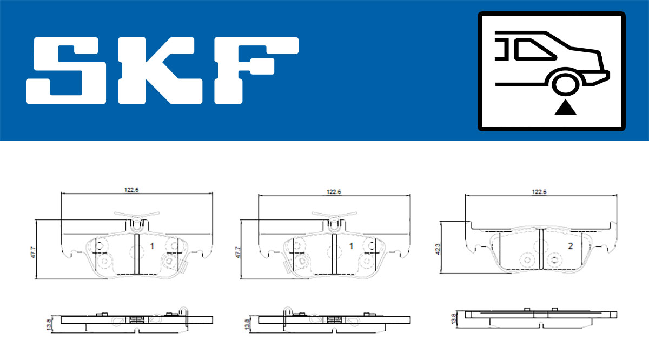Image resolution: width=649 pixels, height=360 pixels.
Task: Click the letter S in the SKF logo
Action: tap(65, 70)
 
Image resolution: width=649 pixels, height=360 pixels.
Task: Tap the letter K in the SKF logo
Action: tap(160, 70)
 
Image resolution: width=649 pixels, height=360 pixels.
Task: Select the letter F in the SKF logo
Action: tap(256, 70)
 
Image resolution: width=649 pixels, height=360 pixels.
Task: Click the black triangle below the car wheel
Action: tap(565, 108)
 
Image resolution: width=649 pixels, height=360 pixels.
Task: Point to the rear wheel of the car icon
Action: tap(566, 84)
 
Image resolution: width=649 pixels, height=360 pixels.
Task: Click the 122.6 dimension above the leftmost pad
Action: tap(131, 190)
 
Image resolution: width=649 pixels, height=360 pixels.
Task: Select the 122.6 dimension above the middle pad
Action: tap(334, 192)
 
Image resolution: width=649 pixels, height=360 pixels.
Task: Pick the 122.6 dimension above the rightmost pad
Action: tap(539, 192)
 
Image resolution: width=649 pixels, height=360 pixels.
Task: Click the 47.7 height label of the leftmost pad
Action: tap(33, 252)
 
